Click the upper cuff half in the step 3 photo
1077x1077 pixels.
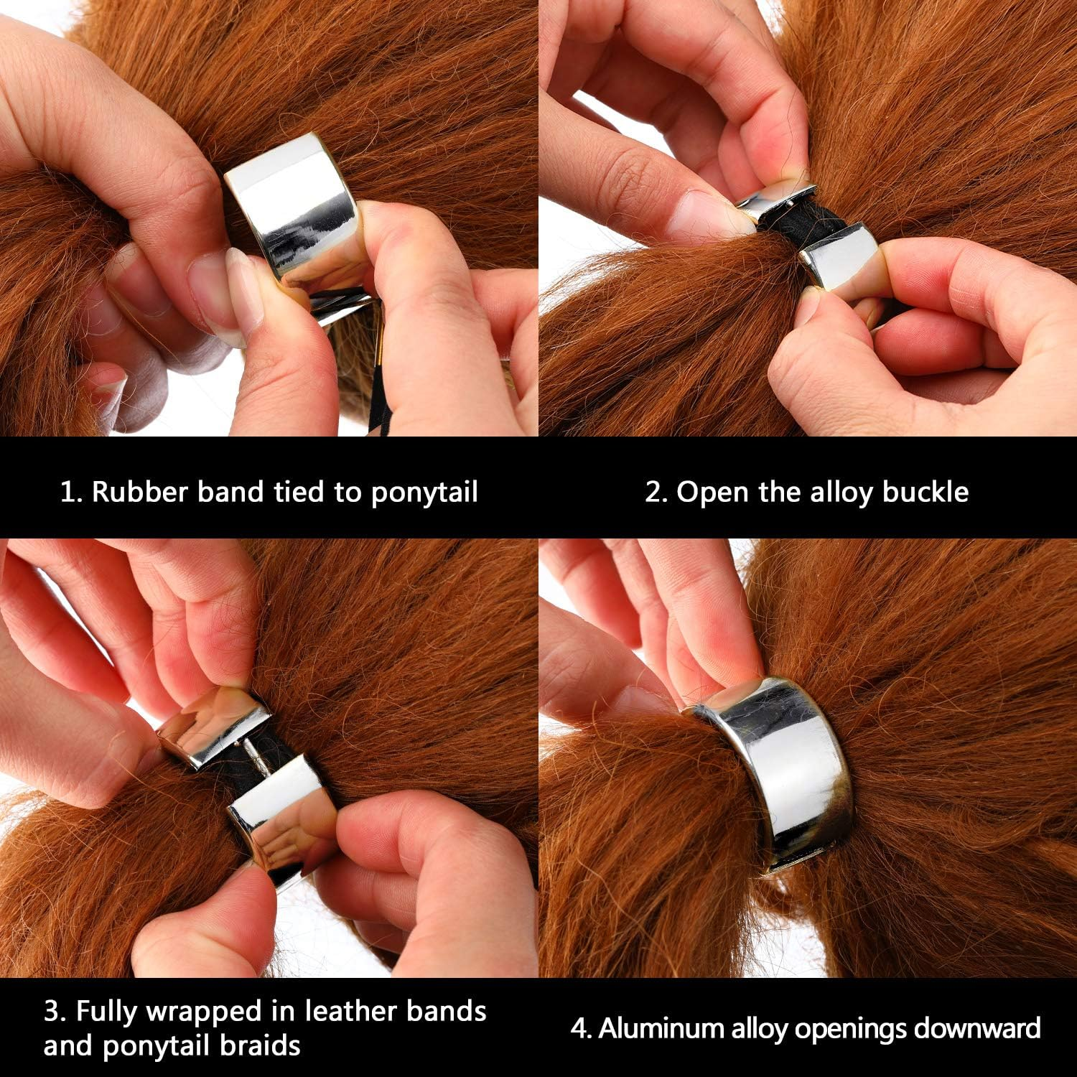click(212, 722)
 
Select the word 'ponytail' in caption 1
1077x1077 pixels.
click(424, 493)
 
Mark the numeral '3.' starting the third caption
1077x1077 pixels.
click(55, 1012)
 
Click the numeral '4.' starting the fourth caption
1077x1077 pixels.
click(581, 1028)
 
